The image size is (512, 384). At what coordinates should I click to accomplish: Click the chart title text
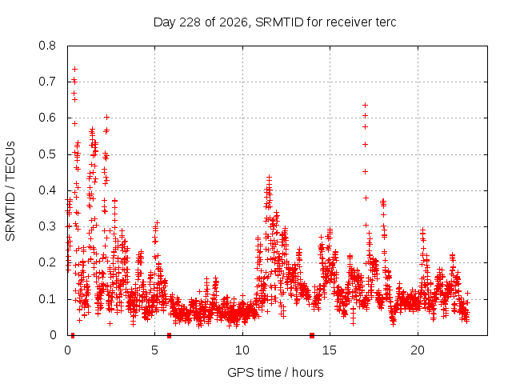coord(274,22)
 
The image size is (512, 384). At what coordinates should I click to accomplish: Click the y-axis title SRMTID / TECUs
coord(10,191)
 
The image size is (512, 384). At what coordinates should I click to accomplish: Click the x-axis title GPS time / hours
coord(275,372)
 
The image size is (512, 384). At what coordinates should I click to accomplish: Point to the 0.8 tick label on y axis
coord(47,46)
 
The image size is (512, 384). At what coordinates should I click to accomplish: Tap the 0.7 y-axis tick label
coord(47,82)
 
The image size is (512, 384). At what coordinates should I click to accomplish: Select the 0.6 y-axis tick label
coord(47,118)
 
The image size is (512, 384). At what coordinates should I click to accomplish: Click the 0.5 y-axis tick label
coord(47,154)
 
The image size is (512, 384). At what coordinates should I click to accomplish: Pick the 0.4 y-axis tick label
coord(47,190)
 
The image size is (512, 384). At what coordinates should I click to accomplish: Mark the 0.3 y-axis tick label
coord(47,226)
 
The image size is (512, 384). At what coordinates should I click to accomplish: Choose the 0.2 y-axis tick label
coord(47,262)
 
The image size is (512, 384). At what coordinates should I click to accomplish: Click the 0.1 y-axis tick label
coord(47,299)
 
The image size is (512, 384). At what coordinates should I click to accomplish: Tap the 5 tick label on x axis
coord(154,350)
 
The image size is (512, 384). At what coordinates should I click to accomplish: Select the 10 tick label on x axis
coord(242,350)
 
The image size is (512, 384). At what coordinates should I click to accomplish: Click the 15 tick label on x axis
coord(330,350)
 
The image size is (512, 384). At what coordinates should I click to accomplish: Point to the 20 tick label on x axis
coord(418,350)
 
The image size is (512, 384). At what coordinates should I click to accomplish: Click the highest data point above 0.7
coord(74,69)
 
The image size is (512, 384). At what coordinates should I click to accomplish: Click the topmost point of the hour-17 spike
coord(366,105)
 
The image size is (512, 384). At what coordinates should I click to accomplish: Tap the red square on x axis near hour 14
coord(312,335)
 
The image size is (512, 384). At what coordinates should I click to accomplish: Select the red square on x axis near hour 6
coord(169,335)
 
